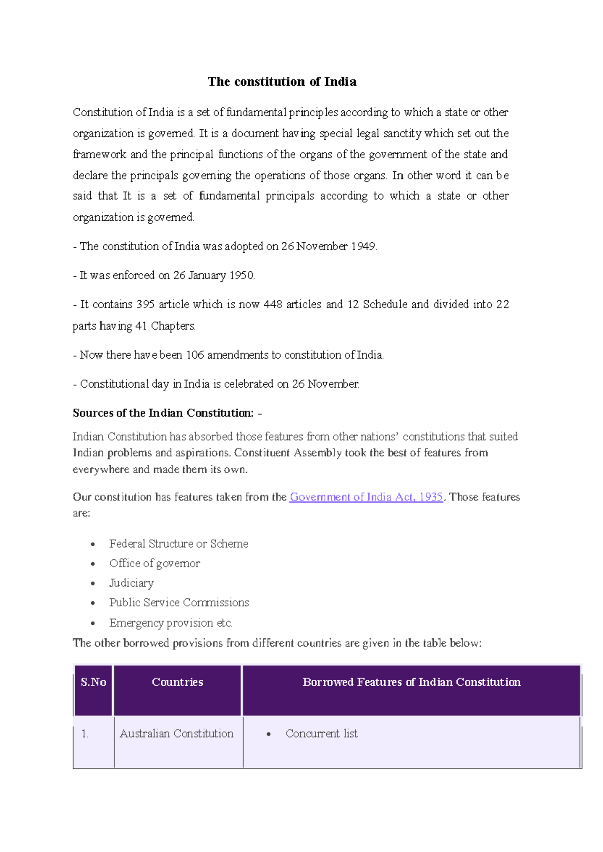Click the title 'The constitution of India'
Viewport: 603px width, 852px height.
[x=282, y=82]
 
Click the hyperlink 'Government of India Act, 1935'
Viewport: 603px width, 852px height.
[x=366, y=497]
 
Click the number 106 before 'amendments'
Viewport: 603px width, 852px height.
[x=195, y=355]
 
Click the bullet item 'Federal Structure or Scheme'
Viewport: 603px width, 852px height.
[x=178, y=544]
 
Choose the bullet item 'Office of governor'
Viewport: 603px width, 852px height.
[x=155, y=563]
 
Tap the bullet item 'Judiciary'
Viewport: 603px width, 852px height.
[x=132, y=583]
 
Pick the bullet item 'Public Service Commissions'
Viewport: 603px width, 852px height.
[x=179, y=602]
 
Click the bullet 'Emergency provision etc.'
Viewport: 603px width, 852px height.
[x=171, y=623]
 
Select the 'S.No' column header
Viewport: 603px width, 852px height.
[x=93, y=682]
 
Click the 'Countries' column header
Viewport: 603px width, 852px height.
[x=177, y=682]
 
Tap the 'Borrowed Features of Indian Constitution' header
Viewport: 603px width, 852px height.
[x=411, y=682]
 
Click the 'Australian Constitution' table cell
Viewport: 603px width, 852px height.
[x=176, y=734]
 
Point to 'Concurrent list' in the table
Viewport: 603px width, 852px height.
[x=322, y=734]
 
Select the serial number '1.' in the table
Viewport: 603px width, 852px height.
[x=85, y=734]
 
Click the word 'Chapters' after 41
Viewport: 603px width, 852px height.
[x=173, y=326]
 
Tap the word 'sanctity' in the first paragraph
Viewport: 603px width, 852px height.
[x=402, y=133]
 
